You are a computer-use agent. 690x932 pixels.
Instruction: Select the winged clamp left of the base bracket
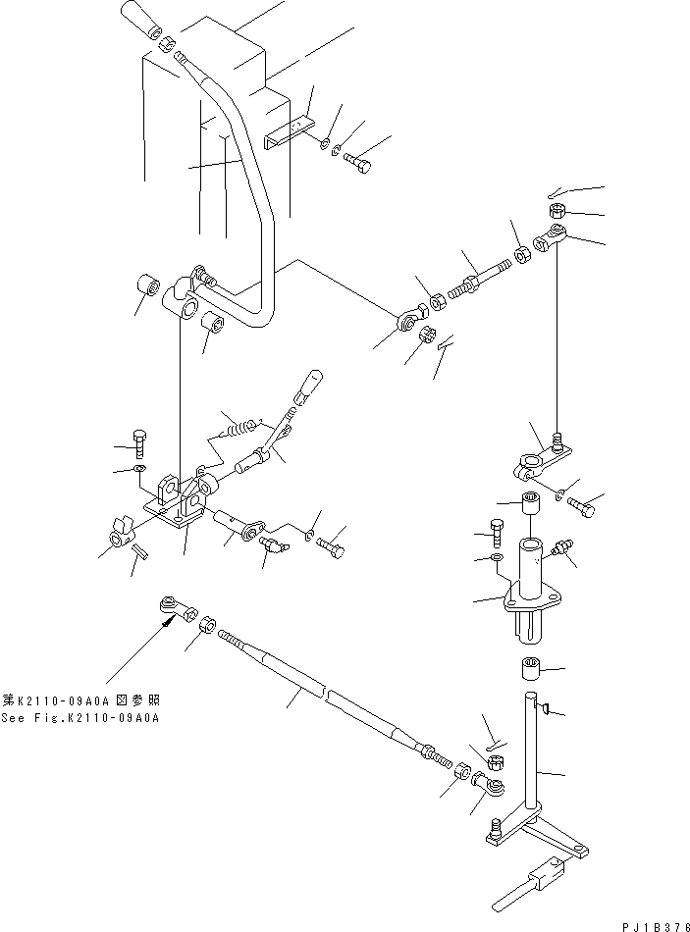point(120,534)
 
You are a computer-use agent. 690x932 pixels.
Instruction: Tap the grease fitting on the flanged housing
point(563,546)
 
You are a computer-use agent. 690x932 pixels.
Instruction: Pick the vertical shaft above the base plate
point(530,755)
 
